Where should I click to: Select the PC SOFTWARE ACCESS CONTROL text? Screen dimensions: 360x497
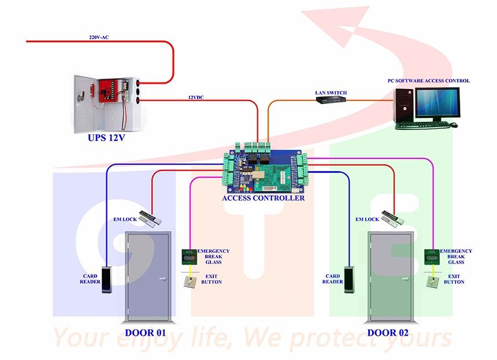pyautogui.click(x=428, y=81)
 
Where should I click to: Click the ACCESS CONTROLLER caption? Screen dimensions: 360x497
pyautogui.click(x=263, y=198)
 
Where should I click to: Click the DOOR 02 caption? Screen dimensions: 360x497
pyautogui.click(x=390, y=333)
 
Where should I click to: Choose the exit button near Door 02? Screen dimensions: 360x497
pyautogui.click(x=431, y=282)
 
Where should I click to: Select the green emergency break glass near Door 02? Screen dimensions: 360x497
pyautogui.click(x=431, y=256)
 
